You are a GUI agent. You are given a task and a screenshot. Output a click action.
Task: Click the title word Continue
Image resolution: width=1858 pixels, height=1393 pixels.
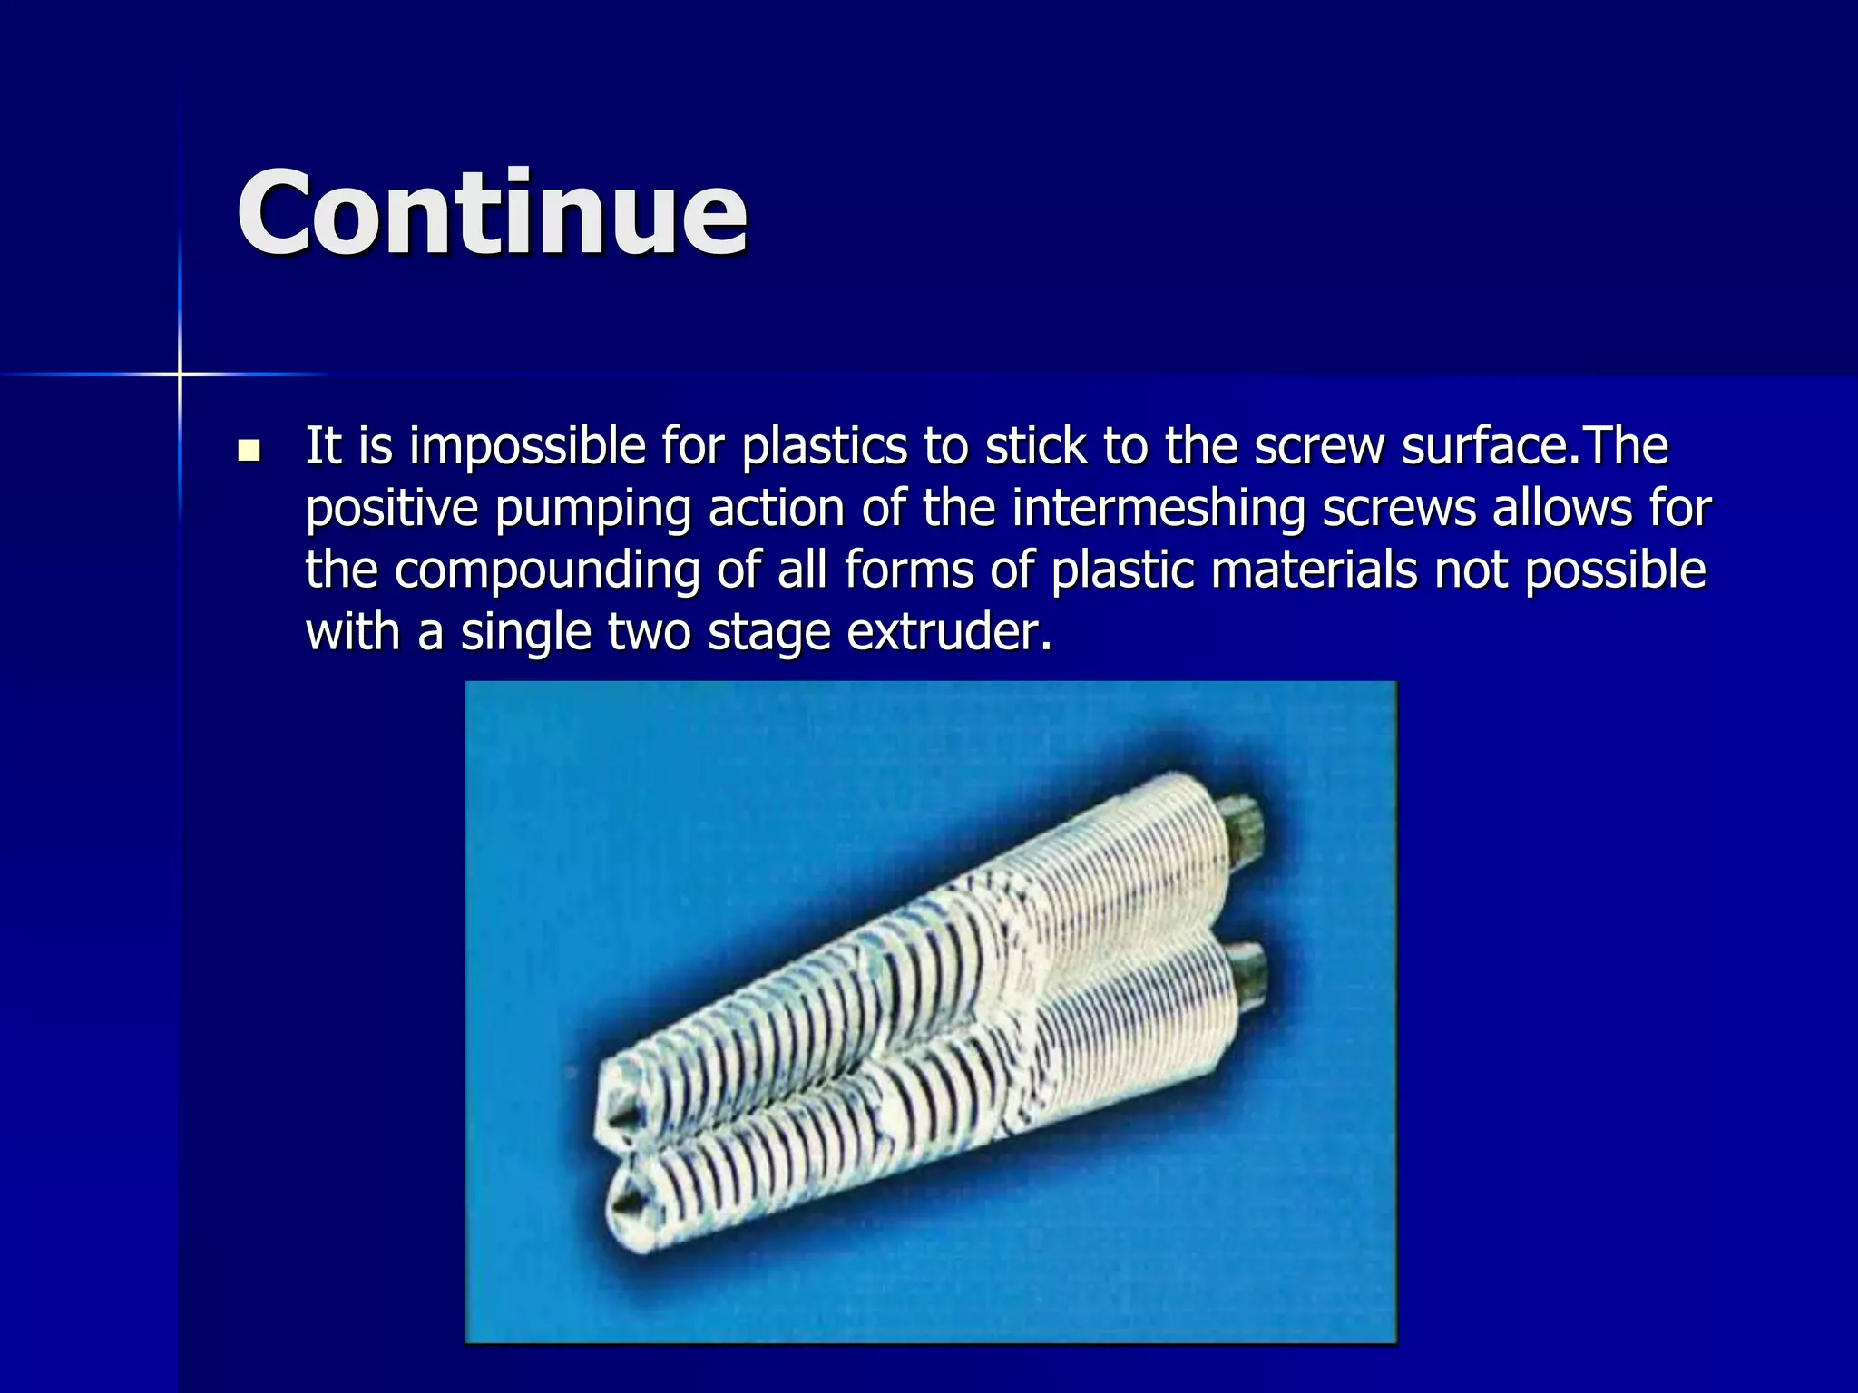tap(492, 214)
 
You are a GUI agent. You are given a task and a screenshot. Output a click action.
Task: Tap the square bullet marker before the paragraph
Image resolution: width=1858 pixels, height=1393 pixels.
tap(248, 450)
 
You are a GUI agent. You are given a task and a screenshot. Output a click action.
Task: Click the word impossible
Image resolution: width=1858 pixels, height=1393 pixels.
tap(527, 447)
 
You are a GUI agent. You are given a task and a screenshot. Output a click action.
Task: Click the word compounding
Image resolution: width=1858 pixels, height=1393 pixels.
tap(546, 571)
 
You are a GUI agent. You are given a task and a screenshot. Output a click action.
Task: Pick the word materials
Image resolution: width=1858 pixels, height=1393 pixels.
tap(1314, 570)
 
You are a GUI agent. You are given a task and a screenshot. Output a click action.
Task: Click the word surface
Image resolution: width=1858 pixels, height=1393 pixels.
tap(1484, 446)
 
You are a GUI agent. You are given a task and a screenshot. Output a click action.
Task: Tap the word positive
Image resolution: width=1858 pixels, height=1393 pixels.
tap(392, 509)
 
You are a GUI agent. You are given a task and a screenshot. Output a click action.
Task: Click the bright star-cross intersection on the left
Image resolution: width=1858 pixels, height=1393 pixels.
tap(180, 374)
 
